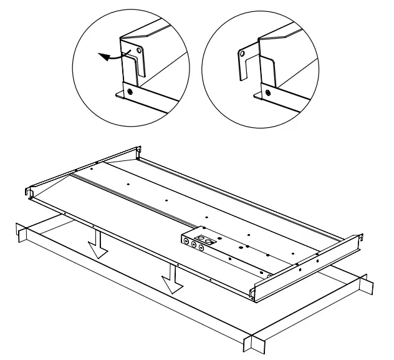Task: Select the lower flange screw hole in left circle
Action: point(130,92)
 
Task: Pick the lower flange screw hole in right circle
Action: point(267,93)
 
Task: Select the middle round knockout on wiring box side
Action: point(193,245)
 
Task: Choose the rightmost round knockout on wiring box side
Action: point(201,248)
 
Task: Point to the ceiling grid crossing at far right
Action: point(368,284)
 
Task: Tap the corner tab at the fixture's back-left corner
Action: point(138,152)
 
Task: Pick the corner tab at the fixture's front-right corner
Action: point(255,293)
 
